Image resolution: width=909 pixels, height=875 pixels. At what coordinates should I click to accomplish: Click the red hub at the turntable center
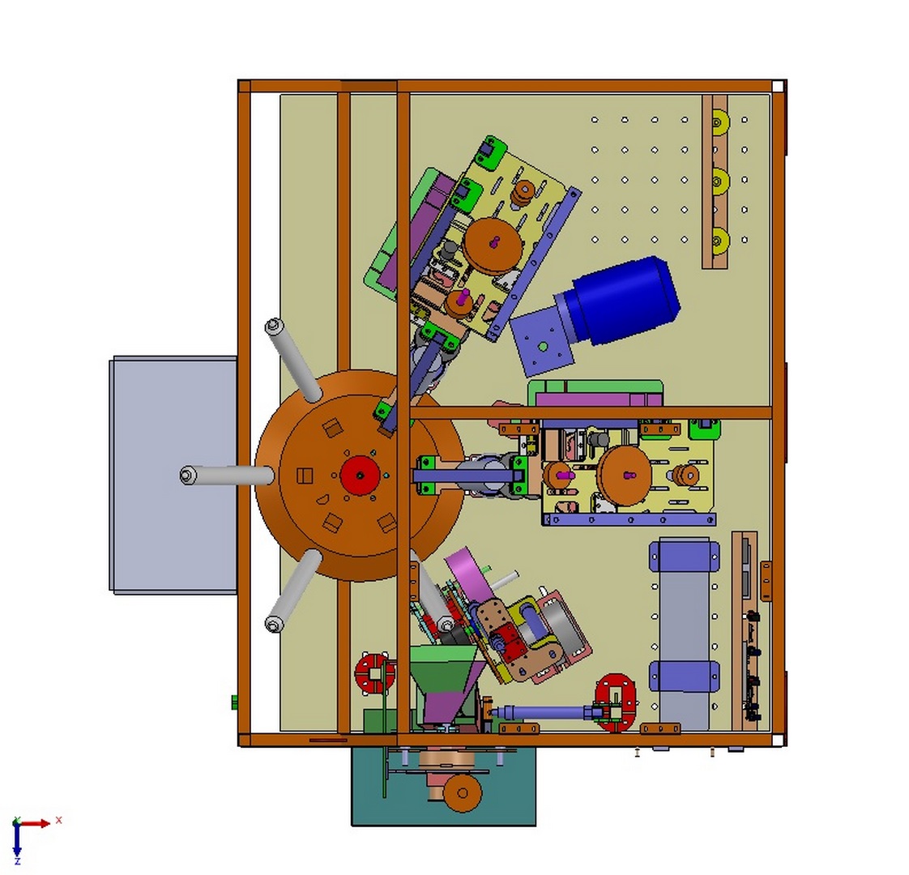tap(360, 475)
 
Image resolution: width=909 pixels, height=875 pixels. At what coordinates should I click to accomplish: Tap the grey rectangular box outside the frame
tap(173, 475)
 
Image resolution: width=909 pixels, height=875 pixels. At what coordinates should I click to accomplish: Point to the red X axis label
tap(58, 820)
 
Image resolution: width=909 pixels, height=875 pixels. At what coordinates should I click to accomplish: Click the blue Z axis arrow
tap(17, 841)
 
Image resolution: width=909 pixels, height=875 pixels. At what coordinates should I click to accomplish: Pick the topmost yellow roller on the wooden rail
tap(719, 122)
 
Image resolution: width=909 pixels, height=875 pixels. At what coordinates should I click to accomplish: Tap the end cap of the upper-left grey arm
tap(274, 327)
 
